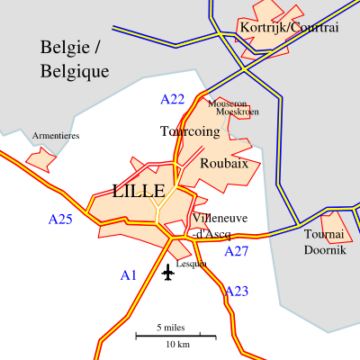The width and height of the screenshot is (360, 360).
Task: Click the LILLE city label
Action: (139, 192)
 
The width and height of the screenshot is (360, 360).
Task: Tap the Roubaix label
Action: (224, 164)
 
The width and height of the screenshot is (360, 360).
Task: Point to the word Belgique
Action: (75, 71)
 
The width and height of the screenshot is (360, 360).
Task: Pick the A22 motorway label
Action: (172, 99)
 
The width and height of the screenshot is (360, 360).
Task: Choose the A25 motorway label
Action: (60, 219)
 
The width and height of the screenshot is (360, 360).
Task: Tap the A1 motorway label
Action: (129, 275)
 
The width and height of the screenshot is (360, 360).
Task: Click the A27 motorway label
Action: (236, 251)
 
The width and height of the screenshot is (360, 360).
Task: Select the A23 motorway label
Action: (237, 291)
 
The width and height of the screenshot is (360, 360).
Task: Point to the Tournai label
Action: (324, 235)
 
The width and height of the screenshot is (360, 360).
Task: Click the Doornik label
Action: (324, 250)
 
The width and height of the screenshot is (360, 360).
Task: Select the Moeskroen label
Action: (238, 112)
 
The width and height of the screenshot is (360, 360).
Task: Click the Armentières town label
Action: (51, 136)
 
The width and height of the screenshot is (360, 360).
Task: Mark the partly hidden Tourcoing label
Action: (196, 131)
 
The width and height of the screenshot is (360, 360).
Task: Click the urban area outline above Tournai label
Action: (335, 221)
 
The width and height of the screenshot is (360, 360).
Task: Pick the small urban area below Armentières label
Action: (40, 158)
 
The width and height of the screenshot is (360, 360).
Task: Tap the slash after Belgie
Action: (97, 48)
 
